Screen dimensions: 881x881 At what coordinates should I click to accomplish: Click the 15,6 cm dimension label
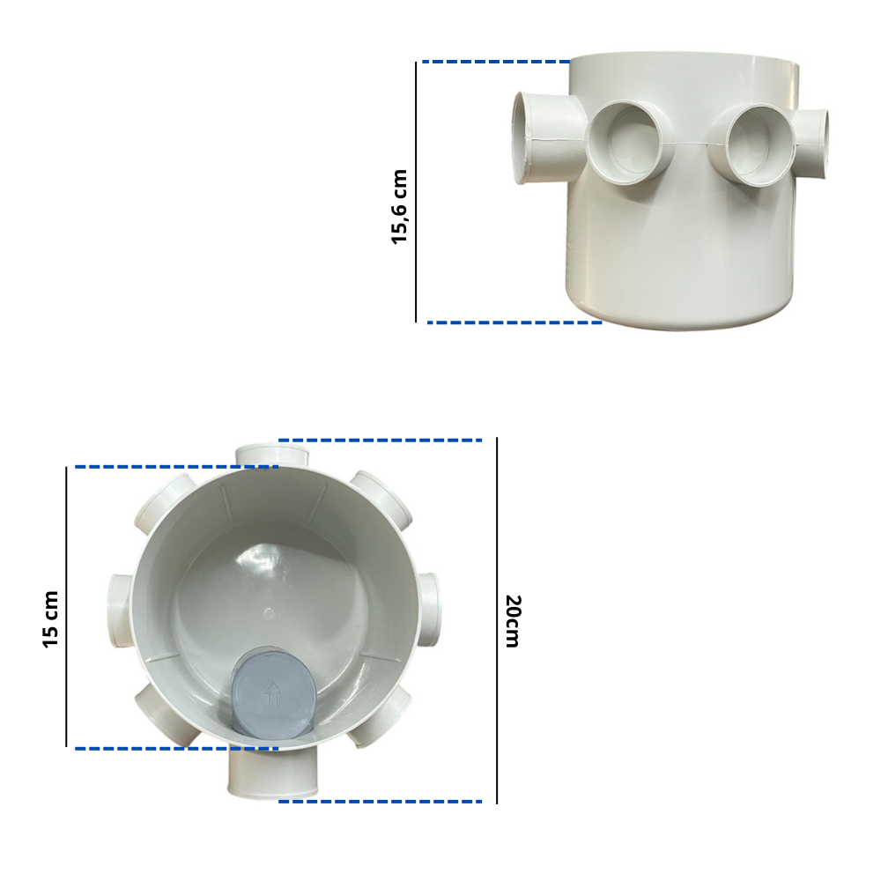point(399,207)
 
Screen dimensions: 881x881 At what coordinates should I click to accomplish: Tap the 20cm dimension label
point(514,621)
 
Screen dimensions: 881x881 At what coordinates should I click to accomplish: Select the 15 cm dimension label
point(50,619)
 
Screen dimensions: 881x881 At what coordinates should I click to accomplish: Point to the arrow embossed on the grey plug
point(273,695)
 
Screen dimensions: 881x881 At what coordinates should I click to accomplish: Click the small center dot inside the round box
point(269,614)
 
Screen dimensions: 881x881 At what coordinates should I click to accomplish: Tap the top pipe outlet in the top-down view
point(272,455)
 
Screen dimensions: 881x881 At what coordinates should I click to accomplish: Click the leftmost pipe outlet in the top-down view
point(120,611)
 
